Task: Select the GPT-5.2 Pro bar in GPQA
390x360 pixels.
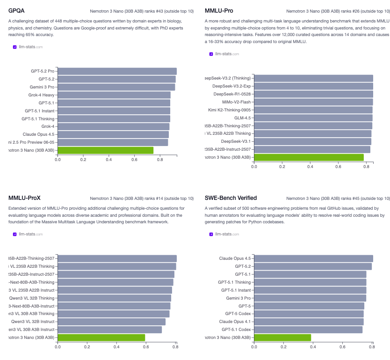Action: coord(117,71)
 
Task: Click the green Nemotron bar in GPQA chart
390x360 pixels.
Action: coord(105,150)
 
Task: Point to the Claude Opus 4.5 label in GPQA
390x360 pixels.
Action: coord(38,134)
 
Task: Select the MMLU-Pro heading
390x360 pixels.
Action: coord(219,10)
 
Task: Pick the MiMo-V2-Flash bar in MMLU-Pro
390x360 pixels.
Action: coord(313,102)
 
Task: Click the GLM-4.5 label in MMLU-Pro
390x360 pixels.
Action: coord(242,118)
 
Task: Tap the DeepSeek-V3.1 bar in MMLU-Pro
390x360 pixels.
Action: coord(312,141)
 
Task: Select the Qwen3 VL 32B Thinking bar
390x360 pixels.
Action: coord(114,298)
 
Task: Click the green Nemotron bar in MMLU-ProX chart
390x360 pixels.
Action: coord(101,338)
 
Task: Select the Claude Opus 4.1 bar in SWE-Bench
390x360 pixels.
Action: coord(309,322)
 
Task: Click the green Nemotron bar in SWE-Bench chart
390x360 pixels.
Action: coord(282,338)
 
